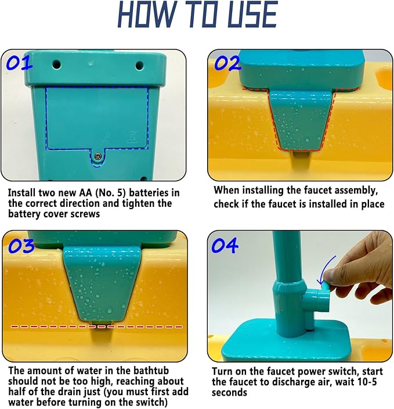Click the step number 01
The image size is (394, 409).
[x=19, y=64]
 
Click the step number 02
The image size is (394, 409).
[x=227, y=64]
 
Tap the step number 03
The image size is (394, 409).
[x=21, y=246]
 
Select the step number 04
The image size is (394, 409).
[x=225, y=245]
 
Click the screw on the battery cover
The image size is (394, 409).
[x=97, y=156]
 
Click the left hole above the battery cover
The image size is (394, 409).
[x=56, y=64]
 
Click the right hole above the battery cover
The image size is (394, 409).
[x=140, y=65]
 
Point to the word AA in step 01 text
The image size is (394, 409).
[x=85, y=193]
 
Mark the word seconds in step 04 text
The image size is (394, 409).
[x=229, y=393]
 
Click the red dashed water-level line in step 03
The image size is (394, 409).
[x=97, y=327]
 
